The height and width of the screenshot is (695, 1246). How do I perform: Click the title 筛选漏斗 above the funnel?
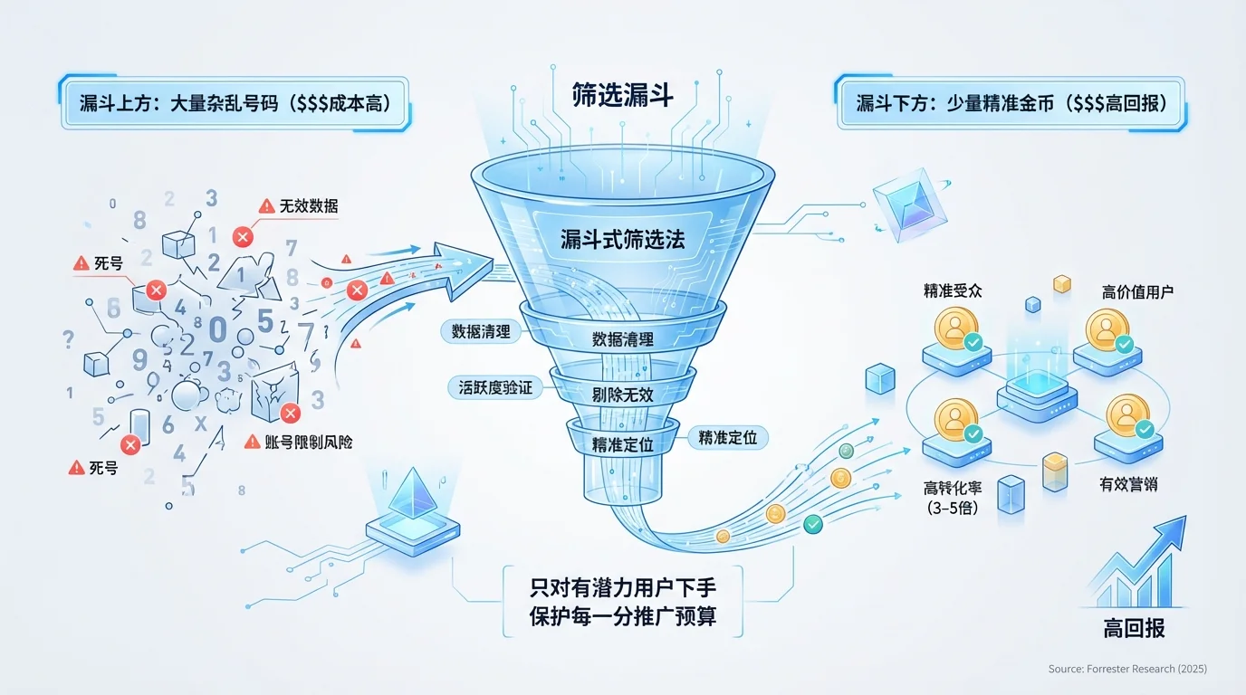pos(622,95)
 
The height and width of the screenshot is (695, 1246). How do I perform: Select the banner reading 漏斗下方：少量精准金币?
pos(1010,104)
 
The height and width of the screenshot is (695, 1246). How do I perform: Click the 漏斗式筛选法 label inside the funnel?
pos(622,240)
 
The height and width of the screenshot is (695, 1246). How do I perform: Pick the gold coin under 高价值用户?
pos(1107,329)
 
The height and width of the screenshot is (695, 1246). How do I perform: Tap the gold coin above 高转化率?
pos(956,419)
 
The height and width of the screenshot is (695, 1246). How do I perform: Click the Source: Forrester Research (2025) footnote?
pos(1127,669)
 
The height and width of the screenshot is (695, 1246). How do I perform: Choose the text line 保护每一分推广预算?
pos(622,619)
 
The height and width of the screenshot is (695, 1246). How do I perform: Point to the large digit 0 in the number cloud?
pos(218,328)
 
